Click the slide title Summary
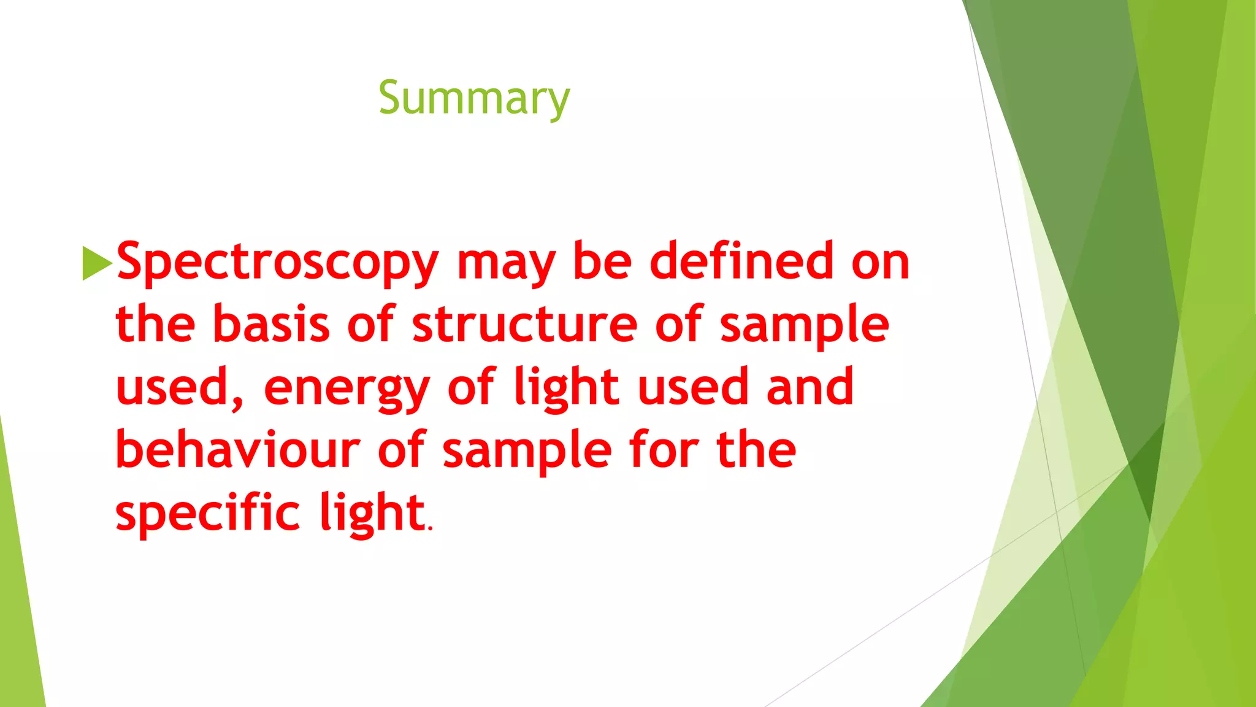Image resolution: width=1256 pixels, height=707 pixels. click(474, 98)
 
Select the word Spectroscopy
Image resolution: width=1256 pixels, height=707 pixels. click(277, 263)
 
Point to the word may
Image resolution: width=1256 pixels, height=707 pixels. click(507, 263)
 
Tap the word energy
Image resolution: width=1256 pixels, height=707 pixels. click(347, 388)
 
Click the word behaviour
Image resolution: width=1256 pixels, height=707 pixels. click(238, 449)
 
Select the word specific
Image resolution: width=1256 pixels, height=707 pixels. click(208, 513)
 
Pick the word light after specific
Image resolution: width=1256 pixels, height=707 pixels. click(372, 513)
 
